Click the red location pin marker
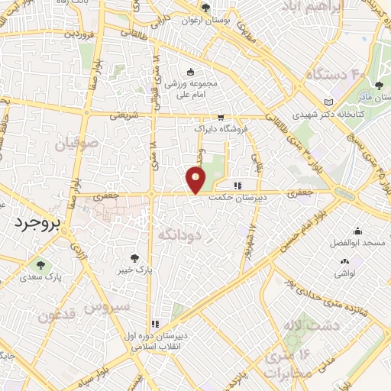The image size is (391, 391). click(x=195, y=179)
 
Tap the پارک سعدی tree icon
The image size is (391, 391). click(x=38, y=266)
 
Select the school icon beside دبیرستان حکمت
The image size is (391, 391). click(x=238, y=186)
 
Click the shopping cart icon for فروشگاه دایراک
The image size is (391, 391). click(x=220, y=118)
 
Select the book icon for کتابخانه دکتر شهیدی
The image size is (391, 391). click(x=328, y=102)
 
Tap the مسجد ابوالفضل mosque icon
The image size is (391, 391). click(x=357, y=231)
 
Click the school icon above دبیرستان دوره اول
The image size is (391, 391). click(x=156, y=324)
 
